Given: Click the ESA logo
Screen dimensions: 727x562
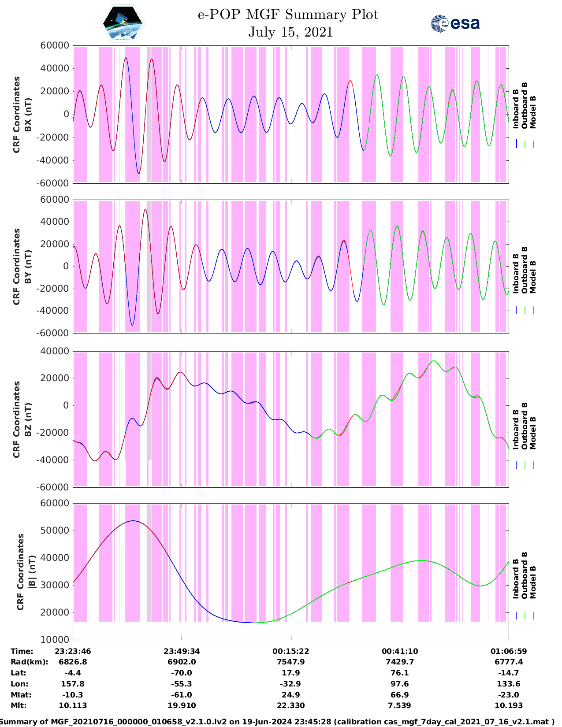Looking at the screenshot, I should pos(455,23).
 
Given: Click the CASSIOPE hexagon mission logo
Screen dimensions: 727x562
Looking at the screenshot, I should pos(123,23).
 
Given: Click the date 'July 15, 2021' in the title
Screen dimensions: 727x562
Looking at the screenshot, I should pos(290,32).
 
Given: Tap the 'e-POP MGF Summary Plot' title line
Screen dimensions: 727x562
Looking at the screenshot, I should pos(288,15).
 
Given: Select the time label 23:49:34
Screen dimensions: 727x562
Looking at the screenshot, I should pos(182,651).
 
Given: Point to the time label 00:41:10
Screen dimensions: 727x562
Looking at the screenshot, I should pos(400,651).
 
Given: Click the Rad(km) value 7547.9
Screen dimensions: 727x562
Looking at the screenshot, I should pos(290,662).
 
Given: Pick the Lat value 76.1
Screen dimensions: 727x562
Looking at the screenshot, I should pos(400,673).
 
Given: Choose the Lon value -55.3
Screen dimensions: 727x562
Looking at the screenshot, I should pos(182,684).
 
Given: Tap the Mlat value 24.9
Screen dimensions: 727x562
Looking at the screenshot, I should pos(290,695).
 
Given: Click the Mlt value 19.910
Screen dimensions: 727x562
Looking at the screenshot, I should pos(182,705).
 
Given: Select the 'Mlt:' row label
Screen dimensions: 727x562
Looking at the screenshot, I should pos(19,705).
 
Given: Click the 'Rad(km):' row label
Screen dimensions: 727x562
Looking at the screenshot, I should pos(29,662).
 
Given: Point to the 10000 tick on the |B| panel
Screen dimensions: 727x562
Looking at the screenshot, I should pos(55,640).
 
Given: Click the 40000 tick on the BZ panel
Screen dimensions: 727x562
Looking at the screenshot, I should pos(55,351).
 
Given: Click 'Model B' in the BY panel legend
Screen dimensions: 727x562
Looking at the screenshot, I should pos(533,277).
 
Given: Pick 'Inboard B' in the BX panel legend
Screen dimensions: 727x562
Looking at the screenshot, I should pos(516,109).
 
